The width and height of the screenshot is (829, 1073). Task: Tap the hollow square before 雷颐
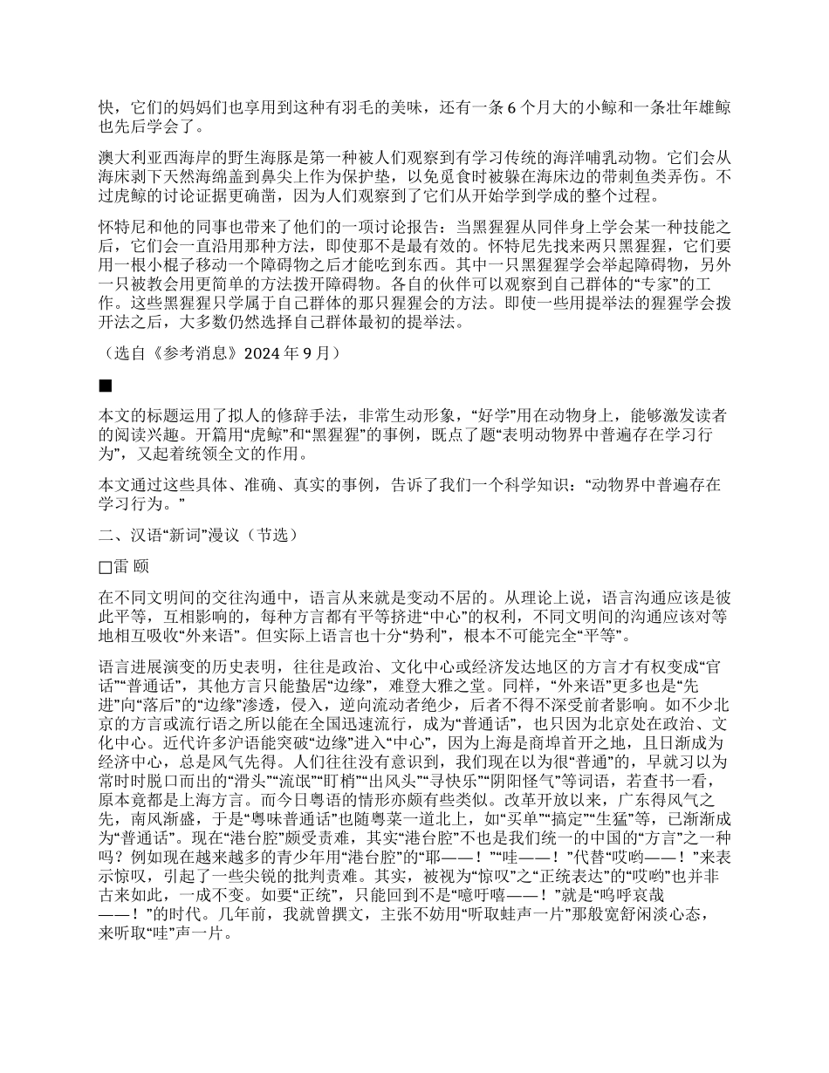(105, 568)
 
